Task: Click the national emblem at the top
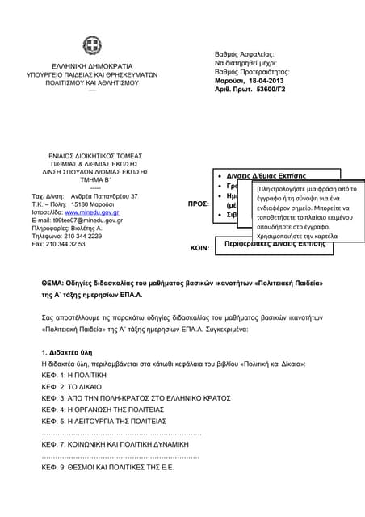click(x=90, y=46)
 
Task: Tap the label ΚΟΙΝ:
click(x=199, y=249)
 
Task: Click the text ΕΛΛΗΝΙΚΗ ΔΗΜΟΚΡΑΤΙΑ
click(x=90, y=65)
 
